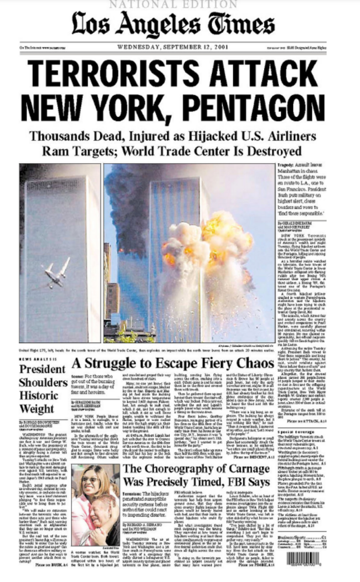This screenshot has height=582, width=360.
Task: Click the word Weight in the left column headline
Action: tap(37, 409)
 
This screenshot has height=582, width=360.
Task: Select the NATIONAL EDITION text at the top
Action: tap(179, 4)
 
